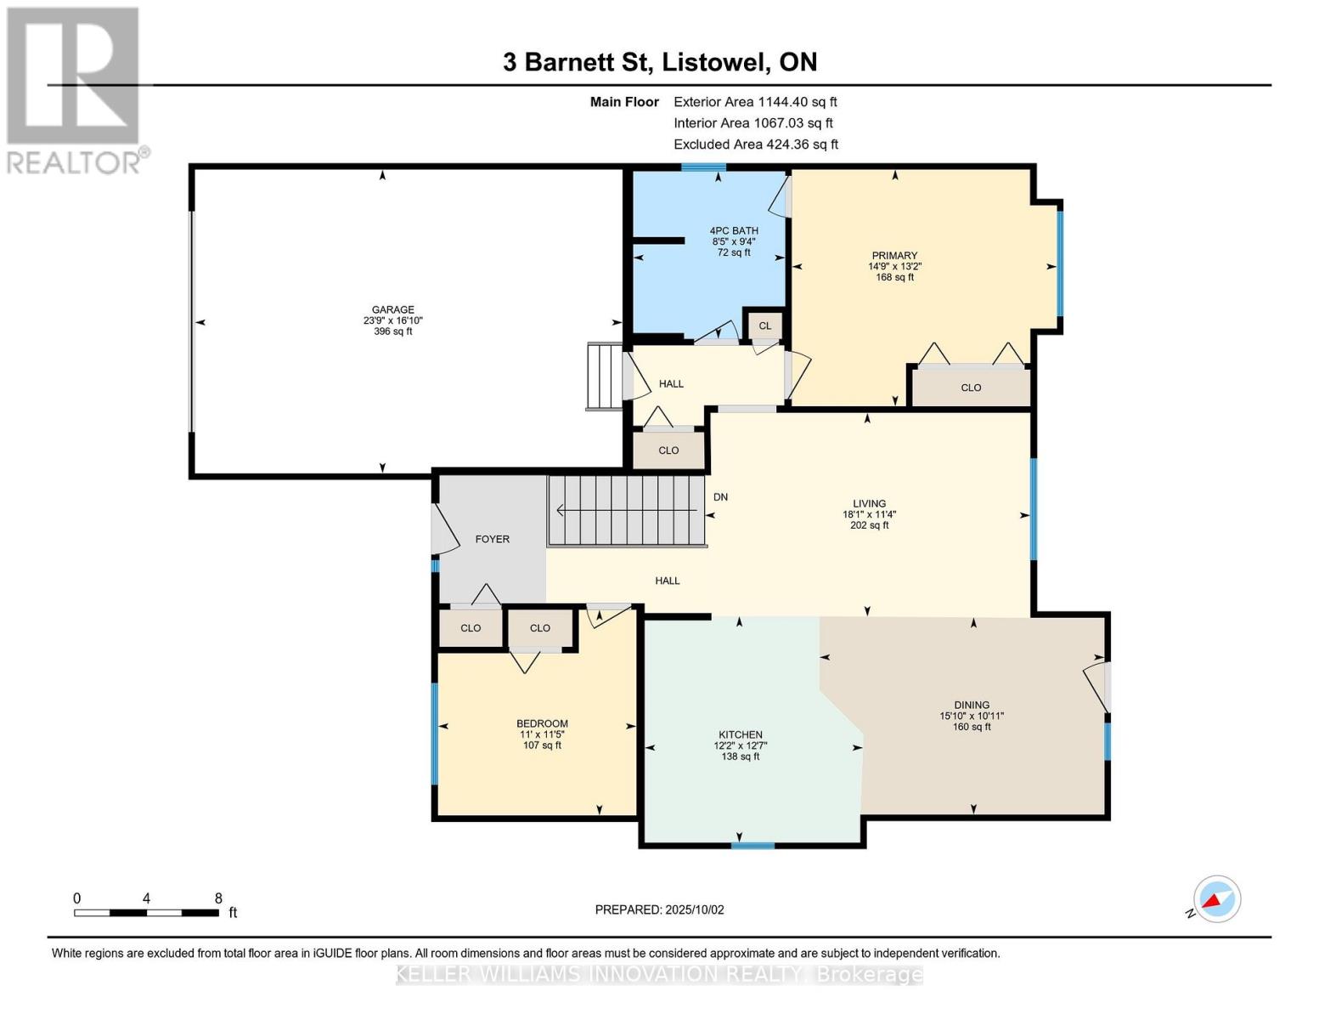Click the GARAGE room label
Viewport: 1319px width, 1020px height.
392,309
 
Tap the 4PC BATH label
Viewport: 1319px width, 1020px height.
734,230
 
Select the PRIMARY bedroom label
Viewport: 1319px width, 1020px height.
894,255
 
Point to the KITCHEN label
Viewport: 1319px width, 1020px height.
741,734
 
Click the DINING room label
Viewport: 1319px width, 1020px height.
971,705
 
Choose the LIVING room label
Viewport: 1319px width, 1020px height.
869,503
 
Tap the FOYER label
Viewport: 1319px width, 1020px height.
493,539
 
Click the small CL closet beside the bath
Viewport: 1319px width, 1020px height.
764,326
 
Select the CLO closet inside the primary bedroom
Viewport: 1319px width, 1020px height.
971,388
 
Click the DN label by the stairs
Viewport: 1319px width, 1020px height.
720,497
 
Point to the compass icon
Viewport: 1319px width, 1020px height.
1216,899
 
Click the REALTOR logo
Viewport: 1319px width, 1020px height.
76,91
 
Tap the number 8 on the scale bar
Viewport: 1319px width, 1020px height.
218,898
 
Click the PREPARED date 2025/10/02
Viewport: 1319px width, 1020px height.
695,909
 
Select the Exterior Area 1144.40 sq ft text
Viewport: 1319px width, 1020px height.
755,102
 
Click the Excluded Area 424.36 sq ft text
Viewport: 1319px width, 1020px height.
756,144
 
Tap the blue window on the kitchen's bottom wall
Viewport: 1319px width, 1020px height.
753,845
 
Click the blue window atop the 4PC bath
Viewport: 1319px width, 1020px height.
703,167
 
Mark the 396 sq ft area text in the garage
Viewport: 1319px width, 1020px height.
392,331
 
